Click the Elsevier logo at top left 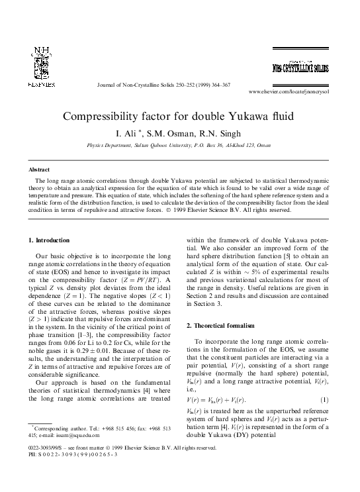tap(42, 68)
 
